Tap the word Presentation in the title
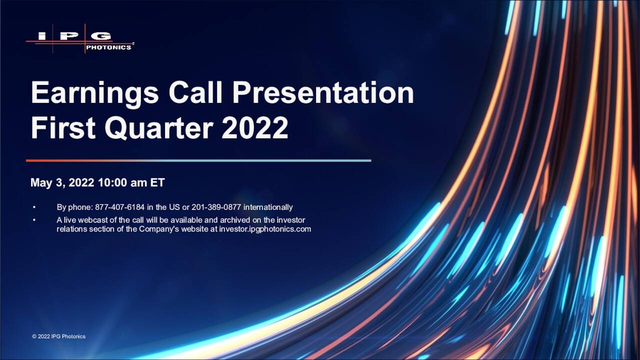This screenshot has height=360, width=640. point(323,92)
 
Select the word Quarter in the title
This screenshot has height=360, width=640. point(159,128)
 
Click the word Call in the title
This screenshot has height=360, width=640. point(195,92)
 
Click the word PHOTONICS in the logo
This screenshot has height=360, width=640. point(108,47)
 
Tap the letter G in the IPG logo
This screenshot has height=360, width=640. point(101,36)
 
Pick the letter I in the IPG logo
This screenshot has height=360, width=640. point(42,36)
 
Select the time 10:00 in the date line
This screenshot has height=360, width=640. point(112,182)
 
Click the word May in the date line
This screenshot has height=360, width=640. point(41,183)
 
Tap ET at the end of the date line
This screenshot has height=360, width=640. point(157,182)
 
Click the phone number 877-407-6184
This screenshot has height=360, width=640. point(119,207)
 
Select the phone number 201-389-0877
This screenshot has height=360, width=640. point(216,207)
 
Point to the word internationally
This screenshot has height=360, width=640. point(268,207)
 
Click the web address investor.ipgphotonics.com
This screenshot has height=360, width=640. point(265,229)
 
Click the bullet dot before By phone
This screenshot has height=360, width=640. point(34,207)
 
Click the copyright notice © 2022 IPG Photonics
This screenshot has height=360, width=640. point(58,336)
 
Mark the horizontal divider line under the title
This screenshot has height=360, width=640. point(198,160)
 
